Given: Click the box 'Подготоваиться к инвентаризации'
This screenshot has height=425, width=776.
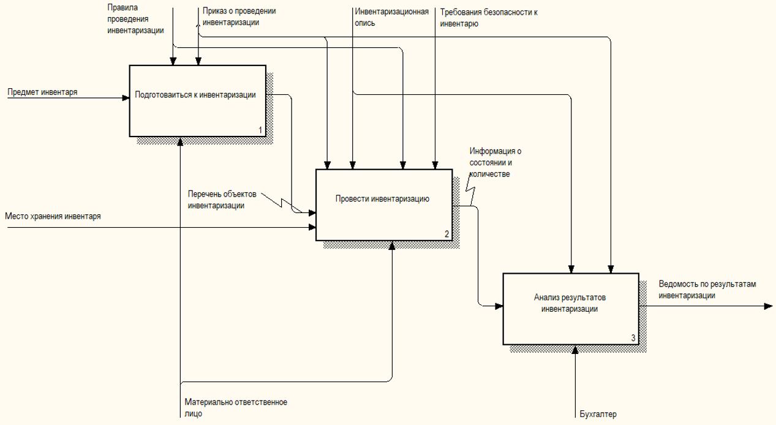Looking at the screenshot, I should coord(197,100).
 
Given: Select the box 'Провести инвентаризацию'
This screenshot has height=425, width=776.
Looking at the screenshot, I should coord(384,204).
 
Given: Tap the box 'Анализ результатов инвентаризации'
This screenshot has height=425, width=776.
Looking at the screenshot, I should coord(570,308).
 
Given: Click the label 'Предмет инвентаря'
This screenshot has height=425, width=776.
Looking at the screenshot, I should coord(42,92).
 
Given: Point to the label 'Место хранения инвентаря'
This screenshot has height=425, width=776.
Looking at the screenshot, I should coord(53,216).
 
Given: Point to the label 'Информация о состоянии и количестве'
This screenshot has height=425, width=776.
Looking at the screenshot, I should coord(495,162).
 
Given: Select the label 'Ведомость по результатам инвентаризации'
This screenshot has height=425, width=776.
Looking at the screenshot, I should coord(708,290).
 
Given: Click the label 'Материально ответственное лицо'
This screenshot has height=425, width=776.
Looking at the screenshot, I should coord(236,407).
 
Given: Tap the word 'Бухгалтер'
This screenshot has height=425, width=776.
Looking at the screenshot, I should coord(598,413).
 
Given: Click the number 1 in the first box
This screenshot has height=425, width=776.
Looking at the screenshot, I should coord(260,130).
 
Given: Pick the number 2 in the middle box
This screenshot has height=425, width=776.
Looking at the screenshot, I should coord(447,234).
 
